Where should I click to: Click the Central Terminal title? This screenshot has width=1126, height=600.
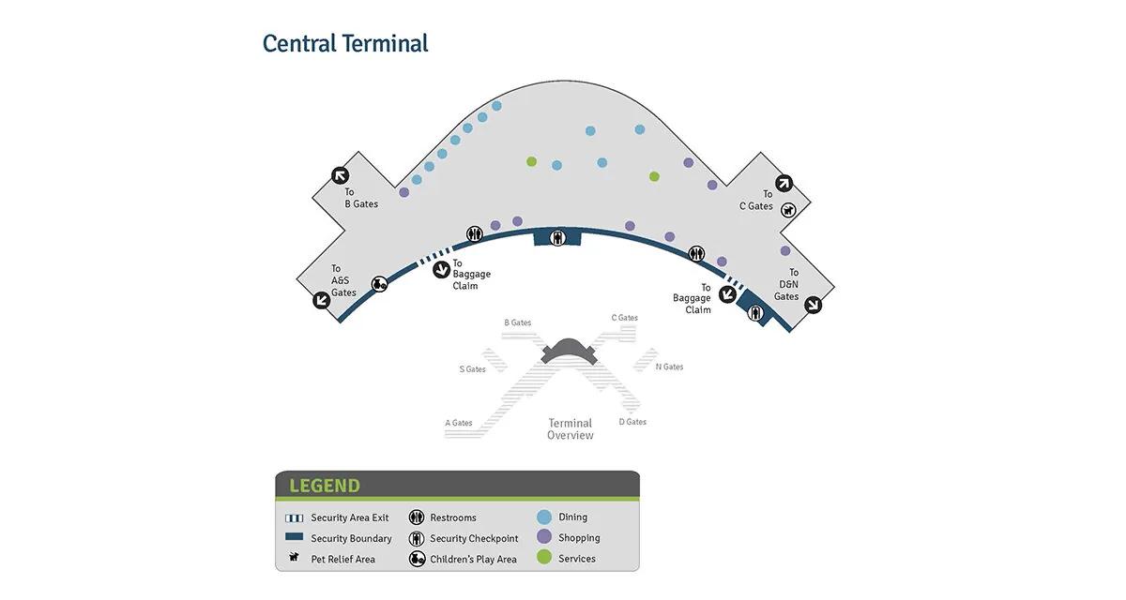coord(345,43)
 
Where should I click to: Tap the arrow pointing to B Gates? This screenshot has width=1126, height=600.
coord(341,175)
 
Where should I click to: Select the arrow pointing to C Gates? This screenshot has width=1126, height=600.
coord(784,183)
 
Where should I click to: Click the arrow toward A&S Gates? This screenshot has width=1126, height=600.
coord(322,300)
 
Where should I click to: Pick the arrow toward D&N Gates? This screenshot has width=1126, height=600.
coord(813,305)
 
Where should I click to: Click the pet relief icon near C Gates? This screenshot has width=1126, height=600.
coord(788,210)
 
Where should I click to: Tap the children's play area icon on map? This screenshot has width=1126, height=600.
coord(379,284)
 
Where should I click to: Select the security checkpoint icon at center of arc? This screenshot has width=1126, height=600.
coord(557,237)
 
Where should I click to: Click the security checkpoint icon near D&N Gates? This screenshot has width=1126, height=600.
coord(755,313)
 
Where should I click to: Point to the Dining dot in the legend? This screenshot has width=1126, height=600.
coord(544,517)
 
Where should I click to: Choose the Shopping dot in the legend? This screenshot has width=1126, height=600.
coord(544,537)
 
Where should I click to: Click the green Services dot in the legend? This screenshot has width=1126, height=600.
coord(544,557)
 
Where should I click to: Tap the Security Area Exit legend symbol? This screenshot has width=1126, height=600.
coord(294,518)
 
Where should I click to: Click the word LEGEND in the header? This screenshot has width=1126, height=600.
coord(325,486)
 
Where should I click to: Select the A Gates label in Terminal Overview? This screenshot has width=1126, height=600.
coord(459,423)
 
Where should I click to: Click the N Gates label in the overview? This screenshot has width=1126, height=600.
coord(669,367)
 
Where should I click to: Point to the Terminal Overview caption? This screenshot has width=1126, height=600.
coord(571,429)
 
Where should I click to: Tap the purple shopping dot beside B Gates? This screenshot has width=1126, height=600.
coord(403,192)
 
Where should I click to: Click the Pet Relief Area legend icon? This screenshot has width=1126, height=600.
coord(294,557)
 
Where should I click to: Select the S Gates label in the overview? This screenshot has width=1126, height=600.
coord(473,369)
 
